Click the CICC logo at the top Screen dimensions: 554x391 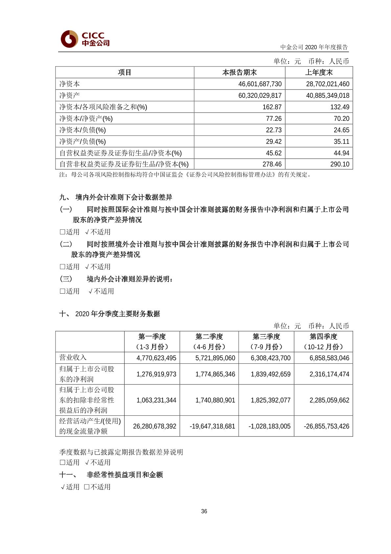pyautogui.click(x=85, y=39)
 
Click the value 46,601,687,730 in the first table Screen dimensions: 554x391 pyautogui.click(x=260, y=84)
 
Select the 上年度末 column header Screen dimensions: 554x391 pyautogui.click(x=319, y=72)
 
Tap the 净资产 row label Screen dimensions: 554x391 pyautogui.click(x=69, y=95)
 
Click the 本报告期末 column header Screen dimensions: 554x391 pyautogui.click(x=239, y=72)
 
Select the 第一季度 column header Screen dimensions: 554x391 pyautogui.click(x=152, y=337)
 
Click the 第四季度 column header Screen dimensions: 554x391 pyautogui.click(x=323, y=337)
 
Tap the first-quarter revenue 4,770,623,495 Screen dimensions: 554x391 pyautogui.click(x=156, y=358)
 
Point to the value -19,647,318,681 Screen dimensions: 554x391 pyautogui.click(x=212, y=426)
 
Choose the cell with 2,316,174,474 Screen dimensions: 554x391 pyautogui.click(x=329, y=374)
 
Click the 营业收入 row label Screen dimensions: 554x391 pyautogui.click(x=73, y=357)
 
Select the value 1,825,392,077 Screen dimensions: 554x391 pyautogui.click(x=270, y=400)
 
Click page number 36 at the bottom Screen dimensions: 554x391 pyautogui.click(x=204, y=511)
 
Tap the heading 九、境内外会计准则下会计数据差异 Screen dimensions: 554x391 pyautogui.click(x=116, y=197)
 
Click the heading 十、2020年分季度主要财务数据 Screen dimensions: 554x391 pyautogui.click(x=110, y=314)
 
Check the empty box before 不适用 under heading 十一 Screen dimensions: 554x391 pyautogui.click(x=87, y=487)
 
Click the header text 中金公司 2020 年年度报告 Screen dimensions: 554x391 pyautogui.click(x=314, y=47)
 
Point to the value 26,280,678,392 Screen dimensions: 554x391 pyautogui.click(x=154, y=426)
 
